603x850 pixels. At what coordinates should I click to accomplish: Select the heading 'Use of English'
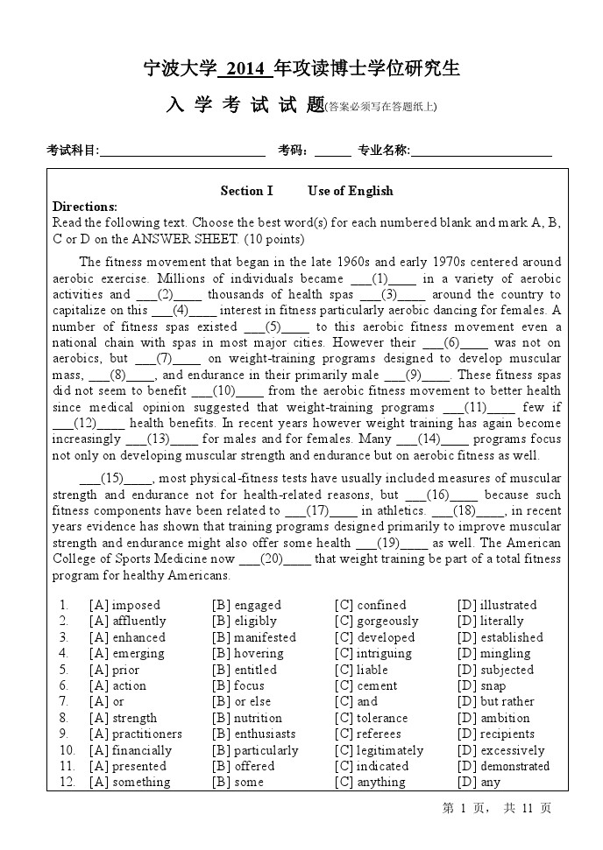(x=351, y=191)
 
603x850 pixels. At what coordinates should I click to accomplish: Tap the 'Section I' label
(x=246, y=191)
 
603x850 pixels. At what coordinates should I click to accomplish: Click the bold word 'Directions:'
(x=85, y=207)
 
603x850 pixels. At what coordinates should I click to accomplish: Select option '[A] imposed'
(x=124, y=605)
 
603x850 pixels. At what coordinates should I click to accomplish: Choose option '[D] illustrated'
(x=496, y=605)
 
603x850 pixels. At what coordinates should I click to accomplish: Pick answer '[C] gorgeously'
(x=376, y=622)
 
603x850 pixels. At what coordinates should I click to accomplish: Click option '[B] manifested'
(x=254, y=637)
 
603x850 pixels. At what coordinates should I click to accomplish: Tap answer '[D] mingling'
(x=493, y=653)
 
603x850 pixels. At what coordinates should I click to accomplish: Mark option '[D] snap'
(x=481, y=685)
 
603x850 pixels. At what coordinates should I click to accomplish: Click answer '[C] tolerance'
(x=371, y=718)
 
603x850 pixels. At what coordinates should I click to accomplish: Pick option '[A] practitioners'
(x=135, y=734)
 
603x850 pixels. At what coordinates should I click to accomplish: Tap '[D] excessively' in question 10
(x=500, y=750)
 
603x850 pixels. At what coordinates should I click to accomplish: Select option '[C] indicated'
(x=371, y=766)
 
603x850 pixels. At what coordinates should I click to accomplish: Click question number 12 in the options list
(x=67, y=782)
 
